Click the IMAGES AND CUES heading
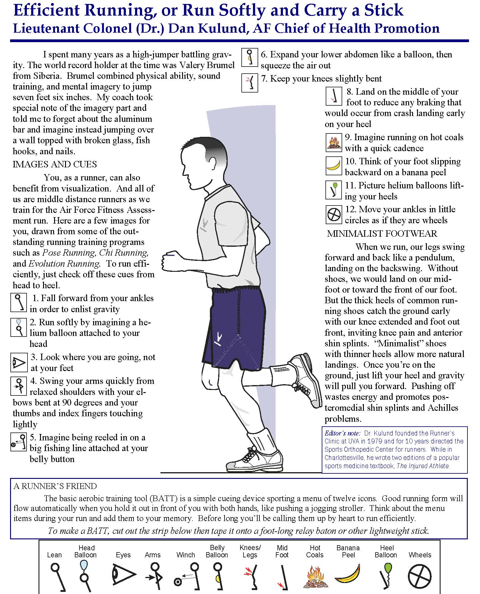tap(55, 164)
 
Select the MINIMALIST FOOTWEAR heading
tap(382, 234)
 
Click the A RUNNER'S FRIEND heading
tap(55, 486)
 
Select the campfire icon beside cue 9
tap(334, 143)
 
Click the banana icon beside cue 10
tap(334, 166)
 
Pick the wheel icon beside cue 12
tap(334, 214)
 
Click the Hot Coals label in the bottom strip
tap(315, 551)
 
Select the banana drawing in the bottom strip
tap(348, 575)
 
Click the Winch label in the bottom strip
tap(185, 555)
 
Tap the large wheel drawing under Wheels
tap(420, 576)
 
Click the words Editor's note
tap(343, 433)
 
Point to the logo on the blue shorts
tap(218, 338)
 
